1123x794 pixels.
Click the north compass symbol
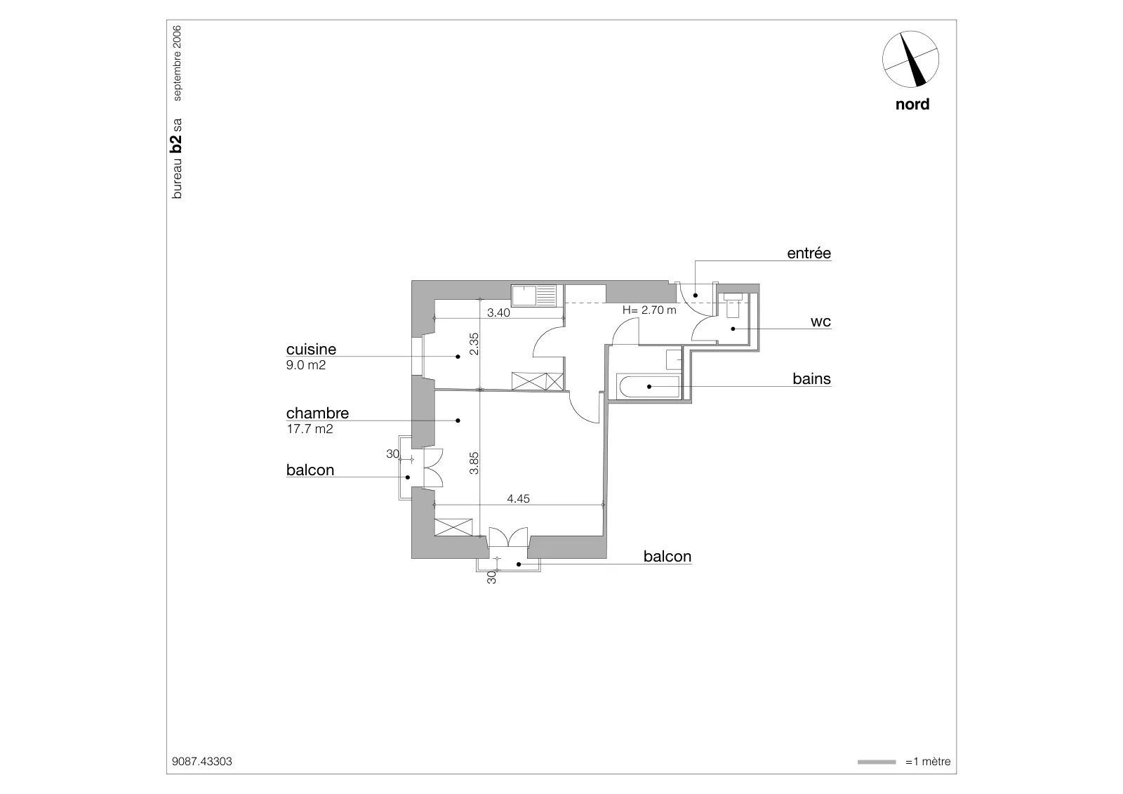tap(910, 59)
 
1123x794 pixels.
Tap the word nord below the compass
tap(912, 105)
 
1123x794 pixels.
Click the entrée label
tap(809, 253)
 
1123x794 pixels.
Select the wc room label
tap(820, 322)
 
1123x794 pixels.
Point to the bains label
tap(811, 378)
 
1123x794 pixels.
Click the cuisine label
tap(311, 349)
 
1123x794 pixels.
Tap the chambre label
tap(317, 413)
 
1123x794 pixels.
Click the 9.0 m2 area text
tap(306, 365)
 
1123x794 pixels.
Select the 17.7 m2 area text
tap(310, 429)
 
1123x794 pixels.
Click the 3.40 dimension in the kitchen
tap(498, 312)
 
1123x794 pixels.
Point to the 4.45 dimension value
tap(518, 498)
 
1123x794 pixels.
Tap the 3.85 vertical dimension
tap(474, 463)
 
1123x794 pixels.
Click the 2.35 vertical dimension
tap(474, 344)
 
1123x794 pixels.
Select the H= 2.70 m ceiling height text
tap(649, 310)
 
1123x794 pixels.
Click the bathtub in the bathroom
tap(648, 386)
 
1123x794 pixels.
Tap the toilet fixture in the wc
tap(733, 305)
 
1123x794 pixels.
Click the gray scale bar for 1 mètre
tap(877, 762)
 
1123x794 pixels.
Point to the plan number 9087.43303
tap(202, 762)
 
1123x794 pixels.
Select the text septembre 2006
tap(177, 63)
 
